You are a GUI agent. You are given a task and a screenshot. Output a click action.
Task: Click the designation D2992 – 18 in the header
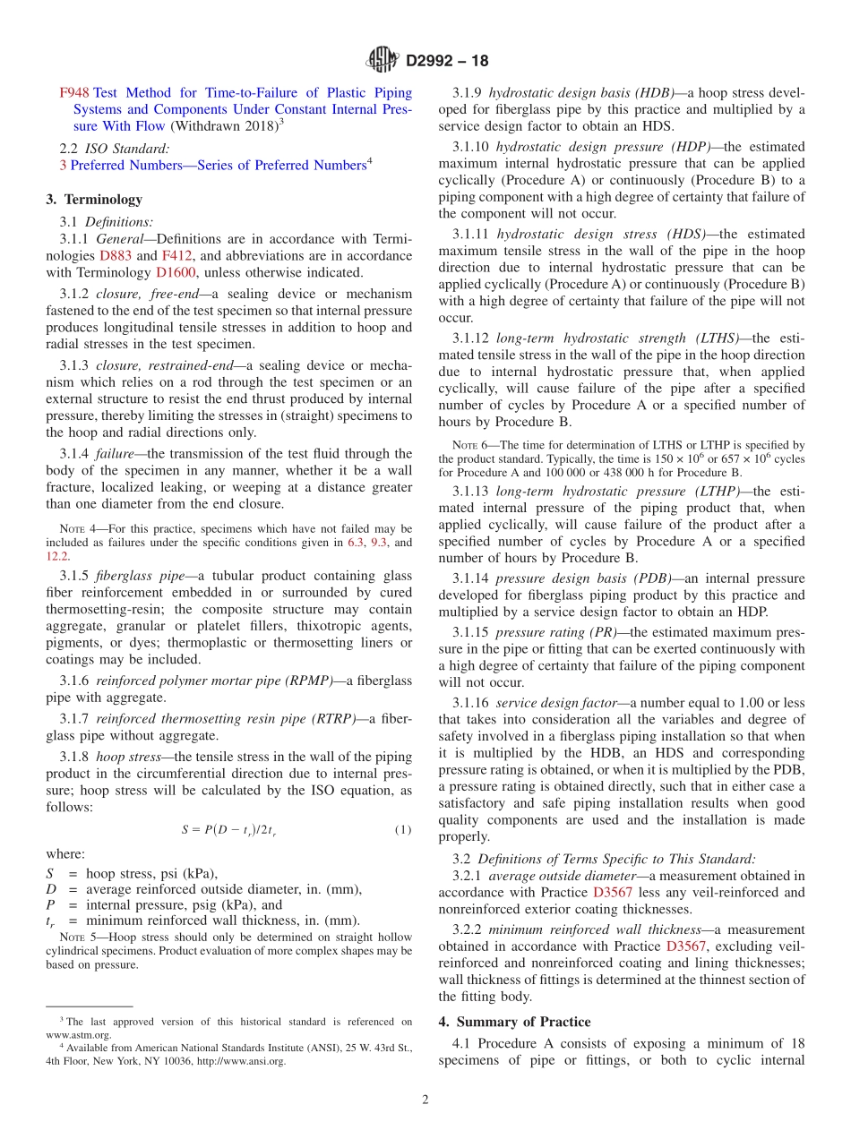pos(447,62)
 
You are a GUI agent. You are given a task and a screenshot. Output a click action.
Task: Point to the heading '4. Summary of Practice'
pos(514,1022)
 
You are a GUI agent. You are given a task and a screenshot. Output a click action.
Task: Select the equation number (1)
pos(403,830)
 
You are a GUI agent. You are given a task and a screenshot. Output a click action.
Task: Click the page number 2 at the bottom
pos(425,1100)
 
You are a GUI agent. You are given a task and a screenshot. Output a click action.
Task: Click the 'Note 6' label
pos(469,445)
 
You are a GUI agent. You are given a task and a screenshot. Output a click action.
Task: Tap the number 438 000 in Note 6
pos(633,472)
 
